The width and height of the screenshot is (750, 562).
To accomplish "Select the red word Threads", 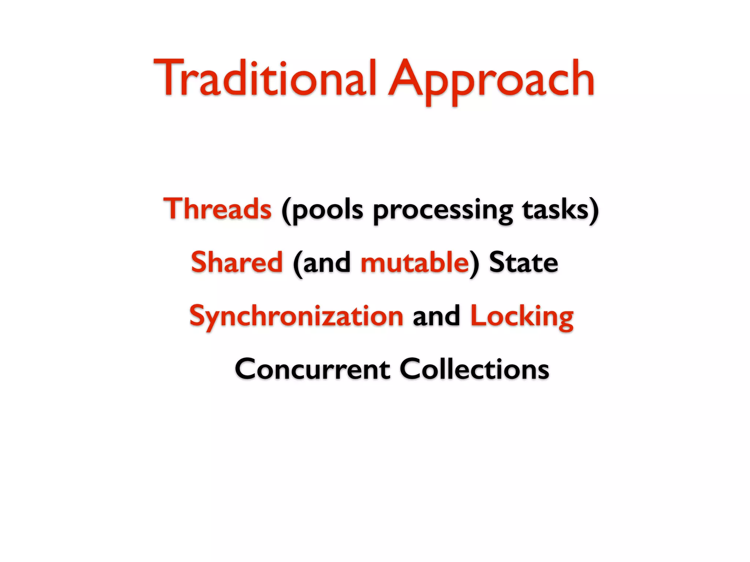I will coord(218,209).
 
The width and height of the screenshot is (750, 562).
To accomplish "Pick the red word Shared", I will coord(237,262).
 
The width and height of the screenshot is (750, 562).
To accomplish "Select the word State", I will coord(523,263).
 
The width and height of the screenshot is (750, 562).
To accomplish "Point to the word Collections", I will coord(474,369).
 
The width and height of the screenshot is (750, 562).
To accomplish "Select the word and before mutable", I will coord(327,263).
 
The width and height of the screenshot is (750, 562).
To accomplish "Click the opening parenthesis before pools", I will coord(286,210).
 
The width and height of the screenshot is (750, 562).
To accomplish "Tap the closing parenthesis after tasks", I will coord(594,210).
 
